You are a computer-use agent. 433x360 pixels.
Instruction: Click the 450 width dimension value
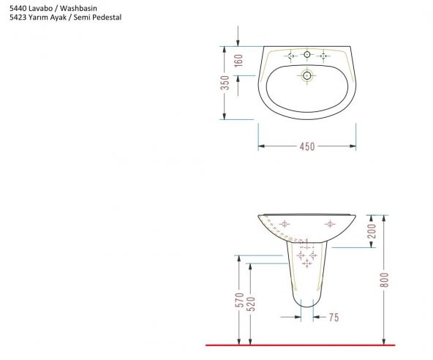[306, 146]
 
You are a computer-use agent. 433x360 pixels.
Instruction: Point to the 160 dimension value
[238, 60]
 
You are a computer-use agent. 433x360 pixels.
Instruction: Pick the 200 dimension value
[372, 231]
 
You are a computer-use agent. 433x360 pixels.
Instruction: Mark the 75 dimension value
[334, 318]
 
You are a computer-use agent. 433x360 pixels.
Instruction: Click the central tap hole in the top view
[307, 55]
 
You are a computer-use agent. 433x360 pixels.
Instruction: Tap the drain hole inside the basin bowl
[307, 75]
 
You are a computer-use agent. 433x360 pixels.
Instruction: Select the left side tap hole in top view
[290, 55]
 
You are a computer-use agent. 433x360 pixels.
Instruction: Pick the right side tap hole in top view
[324, 55]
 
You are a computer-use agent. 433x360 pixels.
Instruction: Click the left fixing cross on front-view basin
[285, 223]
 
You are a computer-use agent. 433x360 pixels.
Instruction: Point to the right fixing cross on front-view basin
[330, 223]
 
